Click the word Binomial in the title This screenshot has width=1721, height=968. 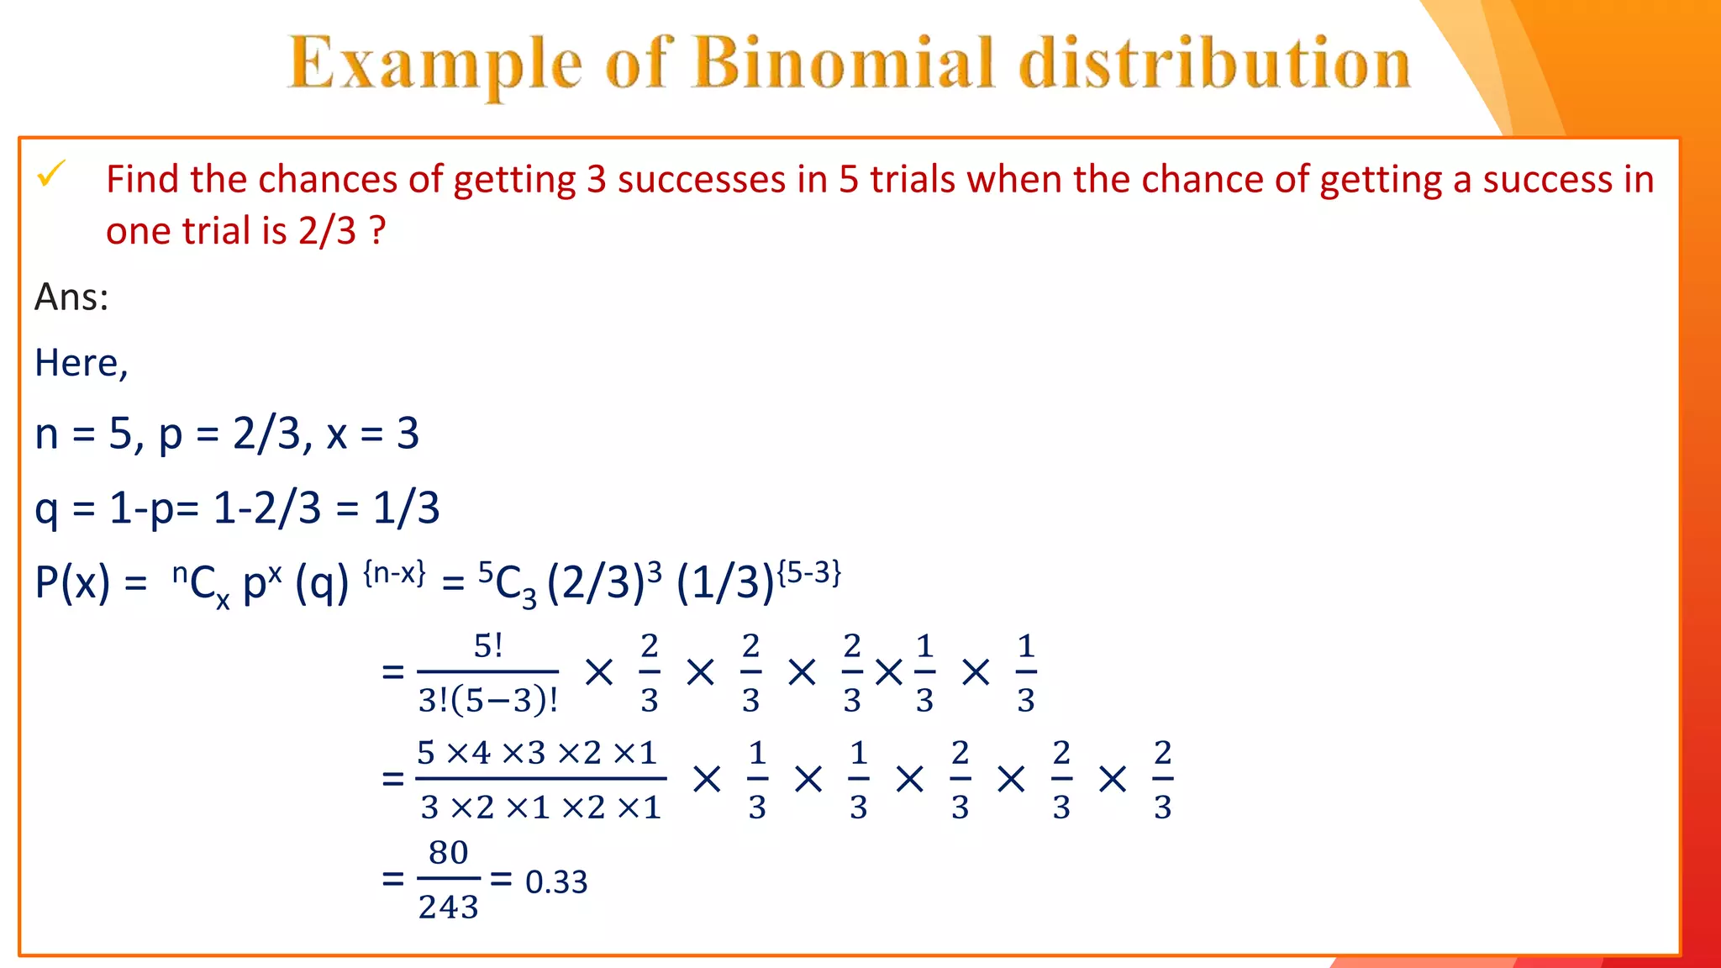click(x=844, y=64)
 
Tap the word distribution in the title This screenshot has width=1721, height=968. click(x=1215, y=64)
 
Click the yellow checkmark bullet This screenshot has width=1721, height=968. click(x=50, y=175)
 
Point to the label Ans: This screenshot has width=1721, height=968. click(x=71, y=297)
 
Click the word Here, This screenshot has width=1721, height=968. click(x=81, y=364)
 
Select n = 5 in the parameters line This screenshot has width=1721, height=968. click(x=84, y=434)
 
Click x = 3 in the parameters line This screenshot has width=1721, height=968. click(x=372, y=434)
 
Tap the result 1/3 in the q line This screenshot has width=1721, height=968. click(x=406, y=508)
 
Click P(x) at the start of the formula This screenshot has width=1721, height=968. click(x=72, y=581)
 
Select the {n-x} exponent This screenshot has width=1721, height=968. click(x=394, y=573)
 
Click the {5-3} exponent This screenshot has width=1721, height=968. click(x=808, y=573)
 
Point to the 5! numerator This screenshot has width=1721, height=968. click(x=488, y=646)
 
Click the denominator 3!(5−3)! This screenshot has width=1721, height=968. click(x=488, y=700)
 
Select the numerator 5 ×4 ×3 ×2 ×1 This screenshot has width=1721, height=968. click(x=537, y=753)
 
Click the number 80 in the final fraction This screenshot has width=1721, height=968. click(x=448, y=853)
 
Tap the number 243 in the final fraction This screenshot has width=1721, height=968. click(x=448, y=907)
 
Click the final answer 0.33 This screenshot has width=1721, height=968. click(x=556, y=881)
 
